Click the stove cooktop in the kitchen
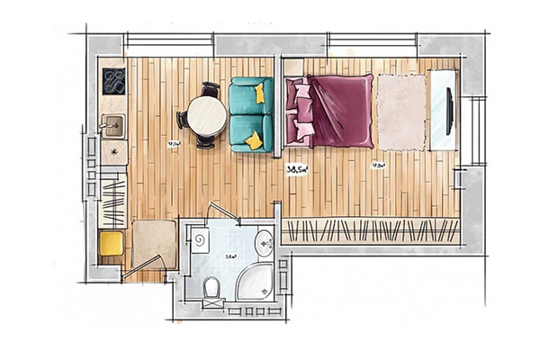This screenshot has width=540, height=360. [114, 81]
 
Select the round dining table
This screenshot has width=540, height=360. [206, 115]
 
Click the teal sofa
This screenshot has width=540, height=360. [247, 114]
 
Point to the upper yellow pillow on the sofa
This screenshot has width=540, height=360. [260, 92]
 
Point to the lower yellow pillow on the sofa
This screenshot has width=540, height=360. [255, 139]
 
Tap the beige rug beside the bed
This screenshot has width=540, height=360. [400, 112]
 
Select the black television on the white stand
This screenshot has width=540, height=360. [449, 108]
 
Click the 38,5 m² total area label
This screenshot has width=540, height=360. [300, 168]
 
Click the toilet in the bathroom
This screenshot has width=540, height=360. [210, 288]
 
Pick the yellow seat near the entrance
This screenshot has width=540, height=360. [112, 243]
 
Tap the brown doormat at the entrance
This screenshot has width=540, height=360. [152, 241]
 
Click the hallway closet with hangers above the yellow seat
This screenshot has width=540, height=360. [112, 203]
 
